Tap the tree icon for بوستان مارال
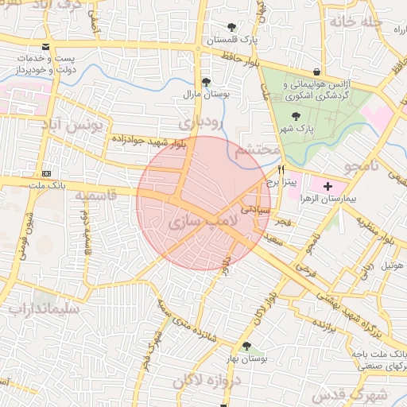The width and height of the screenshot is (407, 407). pos(207,81)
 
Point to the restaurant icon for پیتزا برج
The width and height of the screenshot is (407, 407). pos(281,170)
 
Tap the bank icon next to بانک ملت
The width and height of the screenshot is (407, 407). pos(46,174)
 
